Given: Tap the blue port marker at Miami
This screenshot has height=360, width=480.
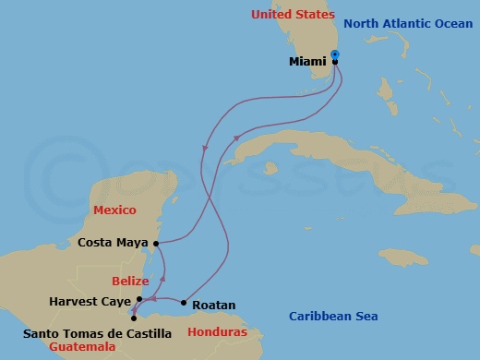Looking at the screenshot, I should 335,54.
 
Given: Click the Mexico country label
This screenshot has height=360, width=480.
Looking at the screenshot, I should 115,210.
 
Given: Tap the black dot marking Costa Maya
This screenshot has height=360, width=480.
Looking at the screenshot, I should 156,244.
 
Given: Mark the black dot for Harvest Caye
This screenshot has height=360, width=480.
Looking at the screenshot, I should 139,299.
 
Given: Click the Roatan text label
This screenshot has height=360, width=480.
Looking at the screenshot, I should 214,305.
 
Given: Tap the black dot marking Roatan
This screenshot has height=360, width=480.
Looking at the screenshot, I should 184,303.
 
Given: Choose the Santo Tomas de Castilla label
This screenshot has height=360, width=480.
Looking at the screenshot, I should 98,331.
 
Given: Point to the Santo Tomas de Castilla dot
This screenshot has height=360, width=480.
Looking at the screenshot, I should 134,318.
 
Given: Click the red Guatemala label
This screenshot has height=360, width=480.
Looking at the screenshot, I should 83,347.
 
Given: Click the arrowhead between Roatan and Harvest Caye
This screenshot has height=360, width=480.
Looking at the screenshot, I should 154,299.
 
